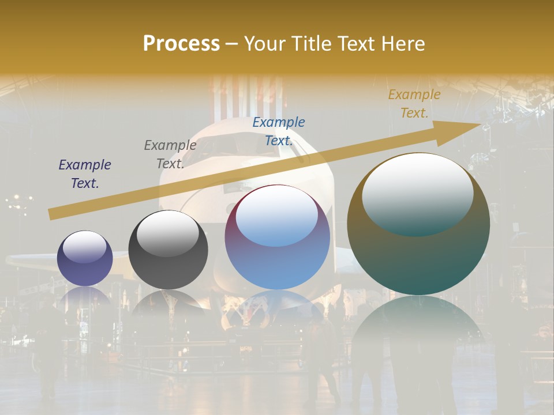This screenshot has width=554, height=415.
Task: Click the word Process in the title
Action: coord(181,44)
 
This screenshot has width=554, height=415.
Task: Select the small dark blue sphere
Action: coord(85,258)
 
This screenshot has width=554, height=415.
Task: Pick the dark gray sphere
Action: coord(168,250)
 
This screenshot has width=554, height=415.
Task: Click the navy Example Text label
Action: coord(85,174)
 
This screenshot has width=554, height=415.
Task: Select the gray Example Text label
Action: coord(170,154)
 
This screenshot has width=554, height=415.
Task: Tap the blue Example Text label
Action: coord(279,131)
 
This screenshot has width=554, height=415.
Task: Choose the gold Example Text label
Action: coord(414,104)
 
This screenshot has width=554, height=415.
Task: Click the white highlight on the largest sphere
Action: coord(417,193)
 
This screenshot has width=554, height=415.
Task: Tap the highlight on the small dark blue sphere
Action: coord(84,247)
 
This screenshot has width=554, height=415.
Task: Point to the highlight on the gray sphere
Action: coord(167,232)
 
